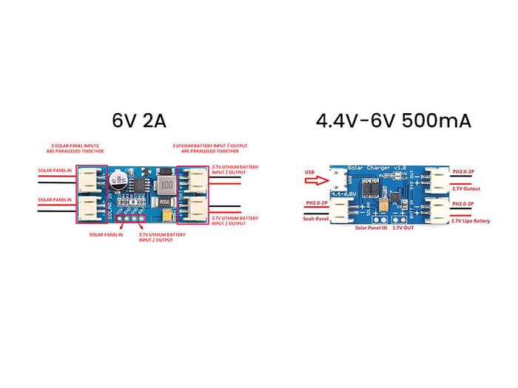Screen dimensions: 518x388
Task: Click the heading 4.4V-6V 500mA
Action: click(x=393, y=120)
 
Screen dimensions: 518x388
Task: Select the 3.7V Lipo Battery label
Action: click(x=471, y=220)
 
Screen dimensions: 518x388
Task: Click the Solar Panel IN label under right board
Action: click(x=372, y=228)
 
